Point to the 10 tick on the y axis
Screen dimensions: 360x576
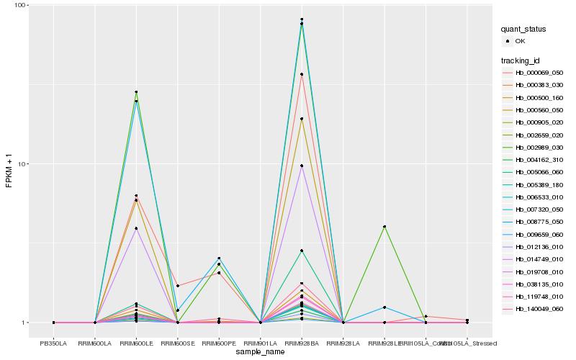coord(22,163)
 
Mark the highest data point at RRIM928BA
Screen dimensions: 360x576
coord(302,19)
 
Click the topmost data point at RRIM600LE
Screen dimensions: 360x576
coord(136,92)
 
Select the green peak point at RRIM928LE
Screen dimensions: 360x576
coord(384,227)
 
